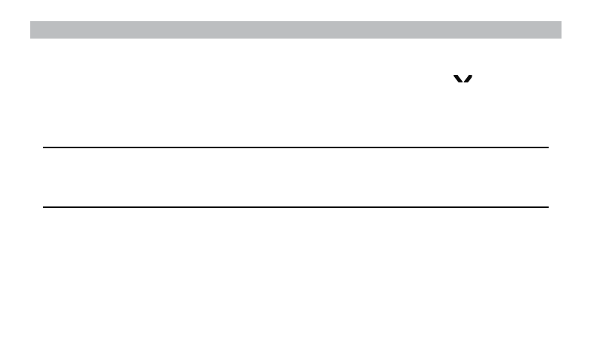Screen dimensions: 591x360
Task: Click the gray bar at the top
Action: (x=295, y=29)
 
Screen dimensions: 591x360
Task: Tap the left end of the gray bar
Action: (x=32, y=29)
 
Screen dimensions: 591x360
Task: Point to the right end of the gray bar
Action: (x=559, y=29)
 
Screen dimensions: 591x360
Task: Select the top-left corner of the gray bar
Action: (x=30, y=22)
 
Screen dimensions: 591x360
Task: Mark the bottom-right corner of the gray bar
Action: (x=561, y=37)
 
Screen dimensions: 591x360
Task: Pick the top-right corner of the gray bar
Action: (x=561, y=22)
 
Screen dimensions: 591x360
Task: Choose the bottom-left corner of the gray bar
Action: (x=30, y=37)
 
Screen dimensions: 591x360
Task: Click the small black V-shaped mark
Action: (x=463, y=79)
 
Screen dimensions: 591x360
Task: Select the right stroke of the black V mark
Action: (x=469, y=78)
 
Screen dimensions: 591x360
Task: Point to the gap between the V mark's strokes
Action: (x=463, y=76)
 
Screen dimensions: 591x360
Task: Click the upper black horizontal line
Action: (x=295, y=147)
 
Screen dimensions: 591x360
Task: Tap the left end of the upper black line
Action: (x=45, y=147)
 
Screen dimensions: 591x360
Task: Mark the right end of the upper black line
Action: (x=546, y=147)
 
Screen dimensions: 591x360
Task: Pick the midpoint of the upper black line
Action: (x=295, y=147)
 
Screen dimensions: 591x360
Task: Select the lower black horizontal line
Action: (x=295, y=206)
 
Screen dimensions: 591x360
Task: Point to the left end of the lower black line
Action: (x=45, y=206)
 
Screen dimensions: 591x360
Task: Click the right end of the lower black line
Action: (x=546, y=206)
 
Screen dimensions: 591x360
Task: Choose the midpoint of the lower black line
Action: (x=295, y=206)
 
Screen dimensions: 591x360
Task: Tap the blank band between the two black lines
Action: (x=295, y=177)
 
